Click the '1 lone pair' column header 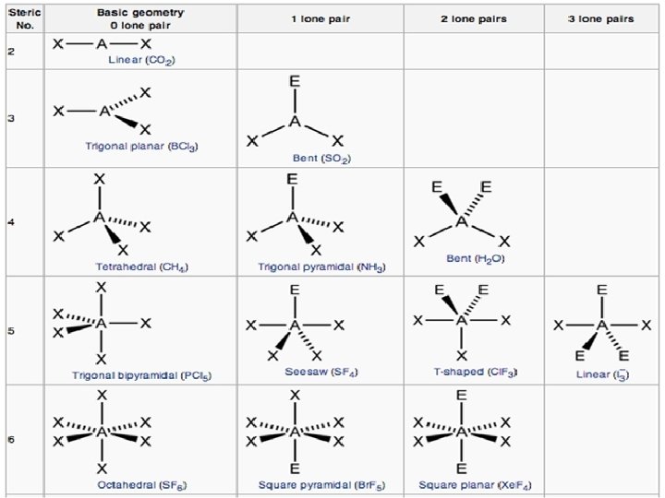(x=320, y=18)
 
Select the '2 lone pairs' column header (x=474, y=18)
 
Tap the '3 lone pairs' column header (x=602, y=18)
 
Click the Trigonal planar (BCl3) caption (x=142, y=146)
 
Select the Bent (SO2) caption (x=321, y=158)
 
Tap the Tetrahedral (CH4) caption (x=142, y=267)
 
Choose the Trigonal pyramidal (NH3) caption (x=321, y=267)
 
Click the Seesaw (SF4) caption (x=321, y=373)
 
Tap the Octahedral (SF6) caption (x=142, y=484)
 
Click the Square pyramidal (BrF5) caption (x=321, y=484)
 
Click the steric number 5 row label (x=10, y=330)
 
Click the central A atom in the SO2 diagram (x=295, y=121)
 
